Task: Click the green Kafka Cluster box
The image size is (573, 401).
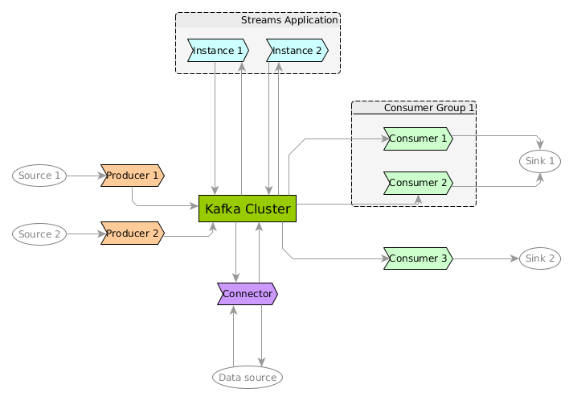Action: coord(248,209)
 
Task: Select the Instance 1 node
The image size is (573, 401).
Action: coord(218,51)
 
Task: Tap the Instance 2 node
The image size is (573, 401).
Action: coord(297,51)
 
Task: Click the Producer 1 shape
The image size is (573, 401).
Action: coord(132,176)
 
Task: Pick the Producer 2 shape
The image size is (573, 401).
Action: coord(132,234)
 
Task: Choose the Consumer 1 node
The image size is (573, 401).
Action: coord(418,139)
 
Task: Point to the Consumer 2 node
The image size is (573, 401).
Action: coord(418,183)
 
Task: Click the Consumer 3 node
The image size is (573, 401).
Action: coord(418,259)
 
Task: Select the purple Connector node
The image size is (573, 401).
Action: coord(248,294)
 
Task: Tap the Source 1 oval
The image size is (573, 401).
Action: coord(39,176)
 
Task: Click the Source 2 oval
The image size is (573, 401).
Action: coord(39,234)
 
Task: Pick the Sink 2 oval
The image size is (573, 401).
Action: coord(540,259)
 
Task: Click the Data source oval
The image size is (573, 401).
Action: coord(248,377)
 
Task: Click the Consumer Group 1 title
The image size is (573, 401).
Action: coord(429,108)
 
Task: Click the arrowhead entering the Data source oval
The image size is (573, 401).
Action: coord(262,362)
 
